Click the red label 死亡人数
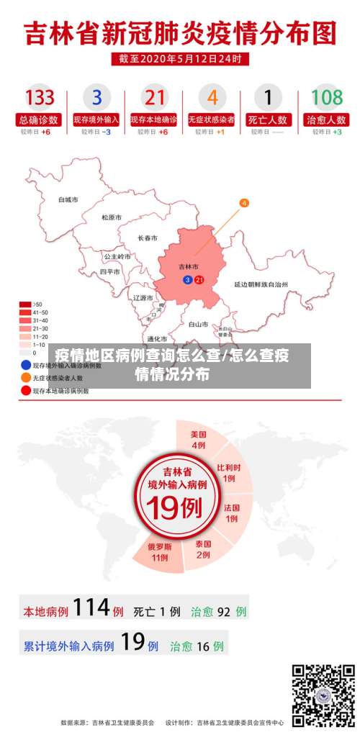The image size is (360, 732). tap(269, 119)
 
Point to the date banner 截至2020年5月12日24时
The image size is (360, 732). tap(180, 58)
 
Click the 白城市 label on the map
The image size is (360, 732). tap(68, 199)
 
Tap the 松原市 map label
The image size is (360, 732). tap(112, 217)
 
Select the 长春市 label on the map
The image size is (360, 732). tap(148, 238)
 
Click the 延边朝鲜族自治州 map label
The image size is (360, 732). tap(261, 285)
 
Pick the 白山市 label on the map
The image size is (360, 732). tap(198, 325)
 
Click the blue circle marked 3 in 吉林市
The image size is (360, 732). tap(188, 279)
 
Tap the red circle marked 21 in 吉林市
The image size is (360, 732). tap(199, 279)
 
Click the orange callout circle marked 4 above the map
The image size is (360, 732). tap(244, 203)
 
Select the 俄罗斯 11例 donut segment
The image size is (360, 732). tap(159, 551)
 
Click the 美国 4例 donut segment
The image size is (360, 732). tap(199, 440)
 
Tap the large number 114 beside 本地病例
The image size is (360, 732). tap(91, 609)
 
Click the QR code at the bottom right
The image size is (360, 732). tap(323, 695)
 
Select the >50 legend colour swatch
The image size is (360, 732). tap(25, 304)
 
